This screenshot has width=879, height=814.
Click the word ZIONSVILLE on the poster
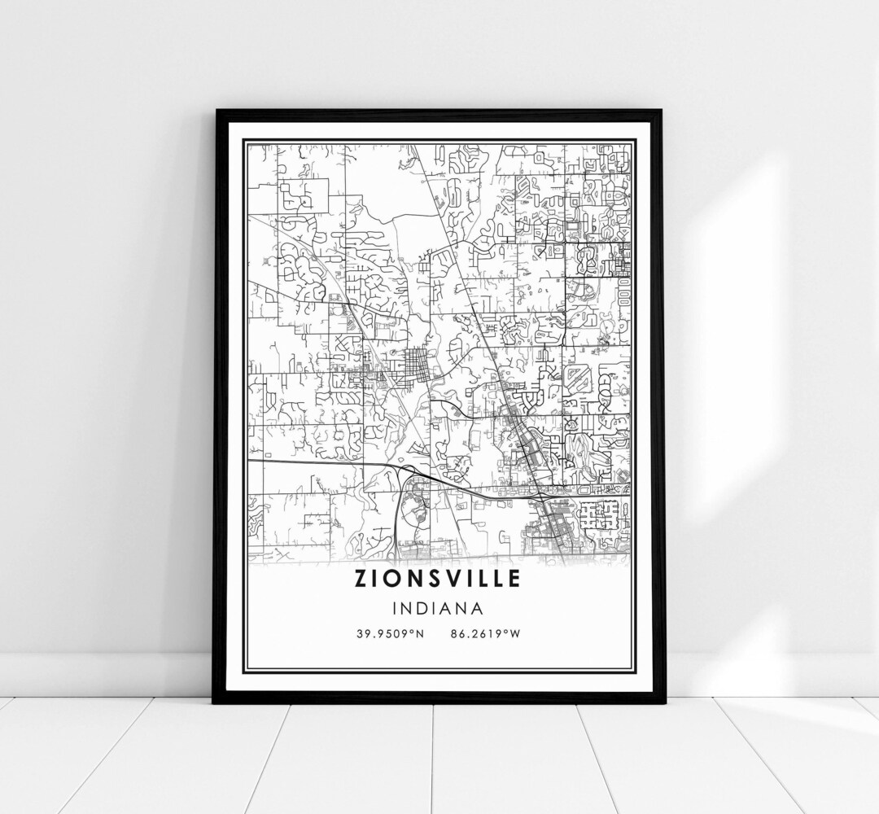pyautogui.click(x=438, y=579)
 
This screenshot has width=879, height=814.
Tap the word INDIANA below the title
pyautogui.click(x=438, y=608)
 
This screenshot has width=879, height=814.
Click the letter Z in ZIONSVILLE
pyautogui.click(x=361, y=579)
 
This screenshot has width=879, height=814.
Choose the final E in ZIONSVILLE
pyautogui.click(x=514, y=579)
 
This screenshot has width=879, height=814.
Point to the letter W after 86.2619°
pyautogui.click(x=519, y=632)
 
